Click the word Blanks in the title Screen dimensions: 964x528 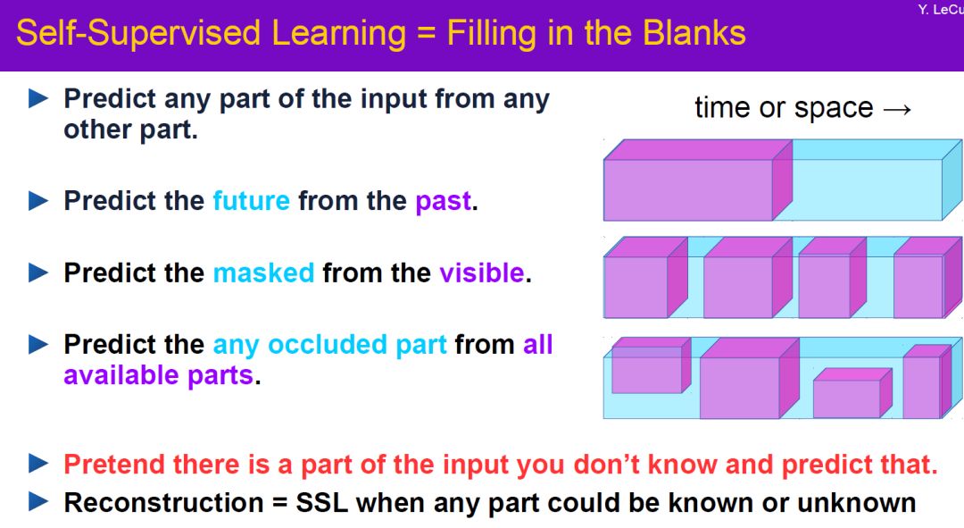click(x=694, y=33)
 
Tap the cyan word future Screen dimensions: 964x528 click(x=252, y=201)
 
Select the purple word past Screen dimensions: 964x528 click(x=444, y=202)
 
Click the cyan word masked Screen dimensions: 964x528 click(x=263, y=272)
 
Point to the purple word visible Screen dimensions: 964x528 click(x=482, y=272)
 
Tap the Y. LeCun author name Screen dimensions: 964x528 click(x=941, y=10)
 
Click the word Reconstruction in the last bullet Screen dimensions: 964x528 click(x=163, y=503)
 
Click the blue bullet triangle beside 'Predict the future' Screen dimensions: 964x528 click(x=38, y=201)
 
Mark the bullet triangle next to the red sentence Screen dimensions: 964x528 click(x=38, y=464)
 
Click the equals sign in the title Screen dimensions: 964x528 click(x=426, y=33)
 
